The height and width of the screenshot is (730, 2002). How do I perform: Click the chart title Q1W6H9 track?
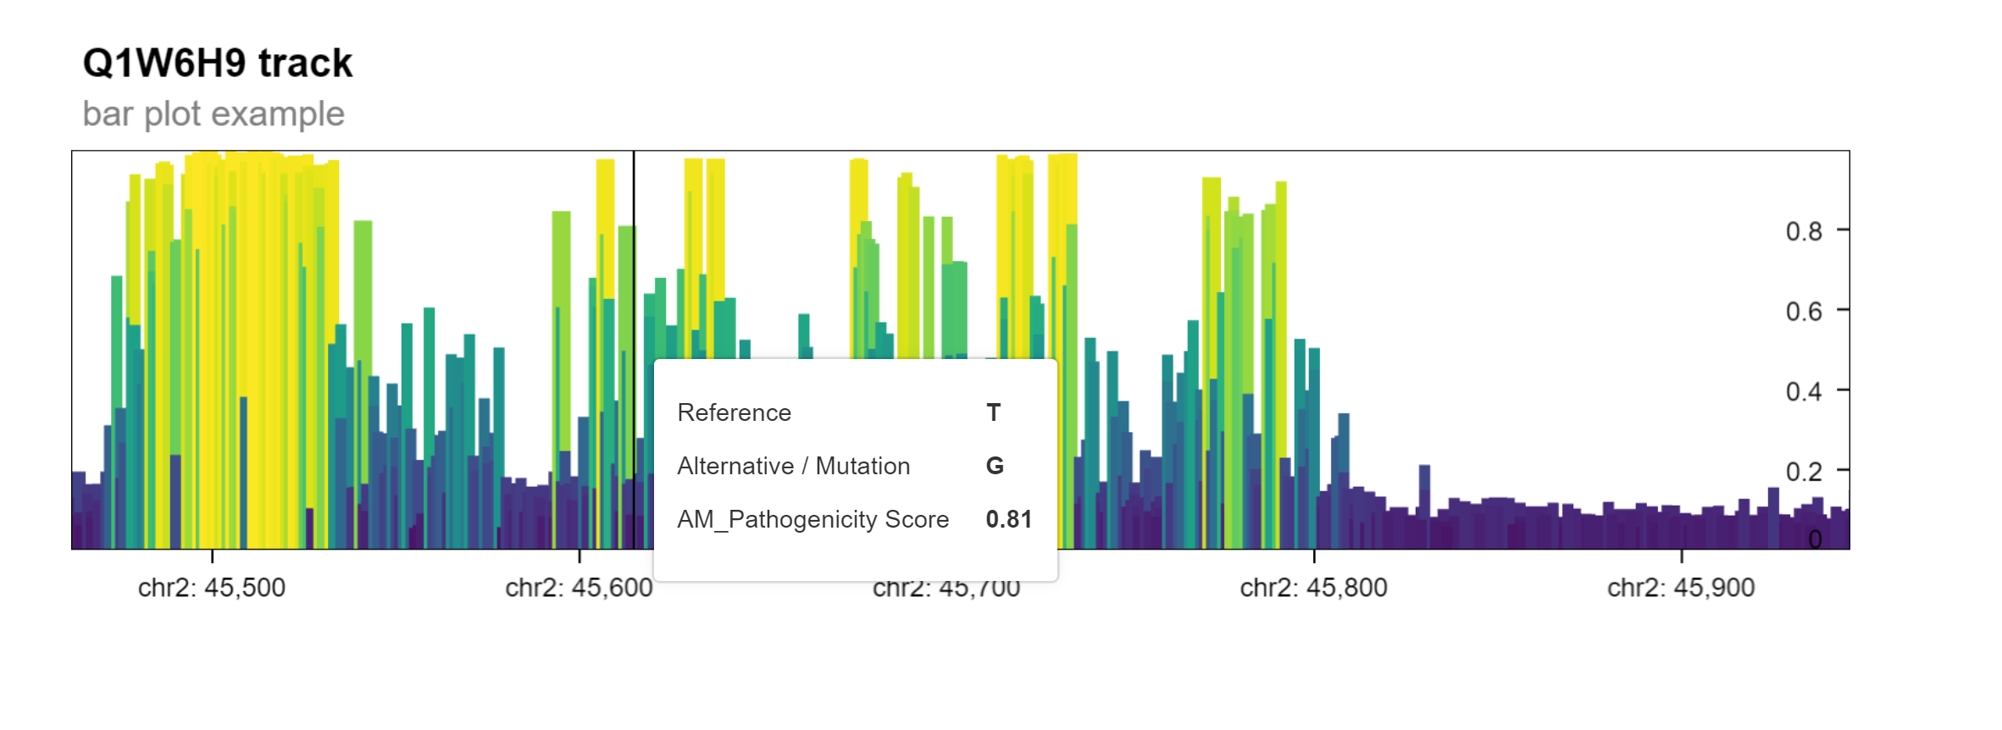(217, 64)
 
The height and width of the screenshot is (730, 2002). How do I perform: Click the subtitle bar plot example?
(214, 114)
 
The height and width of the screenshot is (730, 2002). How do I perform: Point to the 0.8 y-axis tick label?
(1803, 232)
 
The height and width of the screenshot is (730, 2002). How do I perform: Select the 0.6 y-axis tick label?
(1803, 312)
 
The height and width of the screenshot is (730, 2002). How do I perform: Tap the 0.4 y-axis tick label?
(1803, 392)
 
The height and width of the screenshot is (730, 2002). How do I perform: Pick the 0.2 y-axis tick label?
(1803, 472)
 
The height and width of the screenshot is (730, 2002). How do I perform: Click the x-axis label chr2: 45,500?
(212, 588)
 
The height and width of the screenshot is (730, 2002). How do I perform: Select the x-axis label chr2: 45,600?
(579, 588)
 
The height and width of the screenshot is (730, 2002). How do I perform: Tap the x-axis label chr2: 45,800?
(1313, 588)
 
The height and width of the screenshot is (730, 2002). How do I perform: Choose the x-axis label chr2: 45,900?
(1681, 588)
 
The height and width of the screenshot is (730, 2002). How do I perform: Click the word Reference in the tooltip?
(734, 412)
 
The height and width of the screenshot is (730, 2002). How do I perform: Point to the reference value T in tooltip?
(993, 412)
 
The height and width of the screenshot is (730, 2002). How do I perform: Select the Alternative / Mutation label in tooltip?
(793, 466)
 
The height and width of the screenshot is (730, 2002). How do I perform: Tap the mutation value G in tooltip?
(995, 466)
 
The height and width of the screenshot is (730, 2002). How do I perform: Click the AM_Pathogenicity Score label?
(812, 519)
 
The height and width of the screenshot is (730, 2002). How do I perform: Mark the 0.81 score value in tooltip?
(1008, 519)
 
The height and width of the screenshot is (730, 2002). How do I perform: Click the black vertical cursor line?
(634, 254)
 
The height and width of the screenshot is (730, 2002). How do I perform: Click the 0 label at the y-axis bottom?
(1815, 539)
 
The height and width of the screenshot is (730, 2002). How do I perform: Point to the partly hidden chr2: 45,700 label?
(946, 589)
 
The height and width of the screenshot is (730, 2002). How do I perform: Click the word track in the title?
(305, 64)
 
